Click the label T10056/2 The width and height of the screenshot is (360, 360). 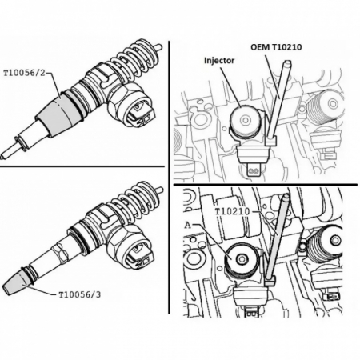click(24, 73)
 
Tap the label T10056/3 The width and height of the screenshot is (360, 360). click(80, 294)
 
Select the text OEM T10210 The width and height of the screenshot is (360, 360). click(276, 47)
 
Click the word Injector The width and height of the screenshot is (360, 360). click(219, 61)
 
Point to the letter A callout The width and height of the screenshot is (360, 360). click(188, 226)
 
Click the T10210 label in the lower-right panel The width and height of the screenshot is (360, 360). click(233, 212)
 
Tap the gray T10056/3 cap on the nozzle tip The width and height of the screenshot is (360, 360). click(17, 283)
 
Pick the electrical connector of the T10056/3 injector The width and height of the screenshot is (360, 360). click(131, 247)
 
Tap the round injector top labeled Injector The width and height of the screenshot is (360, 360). click(245, 121)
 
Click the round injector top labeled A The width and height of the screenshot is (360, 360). click(240, 259)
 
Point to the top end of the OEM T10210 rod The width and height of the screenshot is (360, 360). click(287, 63)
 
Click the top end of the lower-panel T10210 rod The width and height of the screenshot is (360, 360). click(286, 197)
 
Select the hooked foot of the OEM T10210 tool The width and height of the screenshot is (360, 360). click(271, 141)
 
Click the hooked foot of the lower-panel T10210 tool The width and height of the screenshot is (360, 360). click(270, 281)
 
